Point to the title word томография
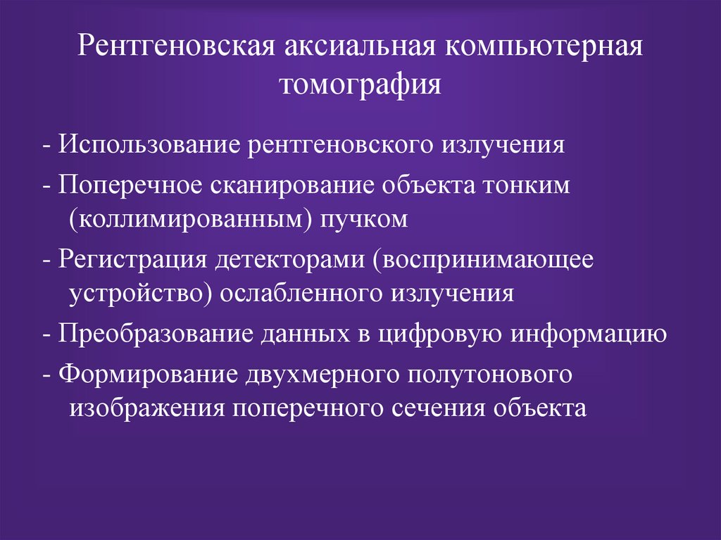point(360,85)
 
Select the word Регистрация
point(132,258)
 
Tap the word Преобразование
point(159,332)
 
